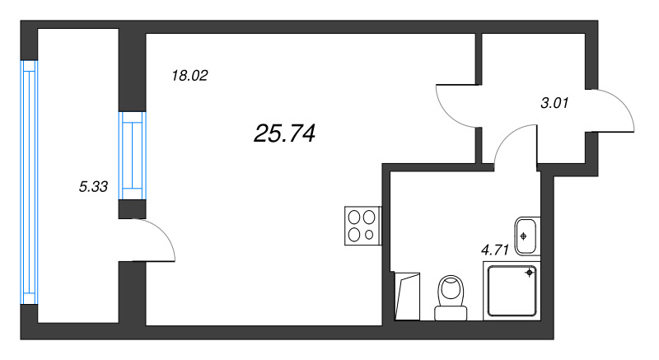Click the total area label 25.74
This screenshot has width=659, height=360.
click(284, 133)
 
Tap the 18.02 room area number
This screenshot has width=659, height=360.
click(189, 76)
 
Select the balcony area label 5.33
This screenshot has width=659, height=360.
click(93, 186)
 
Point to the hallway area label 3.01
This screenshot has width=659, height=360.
click(554, 103)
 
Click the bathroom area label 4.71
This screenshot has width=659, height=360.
click(495, 250)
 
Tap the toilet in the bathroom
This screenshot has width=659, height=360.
click(451, 298)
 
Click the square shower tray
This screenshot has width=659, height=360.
click(512, 291)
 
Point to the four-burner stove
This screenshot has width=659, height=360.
click(362, 226)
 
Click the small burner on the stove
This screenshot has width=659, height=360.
click(369, 235)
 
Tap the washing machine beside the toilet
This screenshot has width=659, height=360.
click(407, 296)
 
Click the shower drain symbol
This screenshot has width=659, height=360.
click(529, 273)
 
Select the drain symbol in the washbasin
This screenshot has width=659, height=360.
click(523, 236)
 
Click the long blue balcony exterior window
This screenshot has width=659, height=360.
click(30, 182)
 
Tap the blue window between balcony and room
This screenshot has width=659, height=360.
click(132, 156)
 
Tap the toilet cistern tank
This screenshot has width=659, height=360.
click(451, 313)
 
